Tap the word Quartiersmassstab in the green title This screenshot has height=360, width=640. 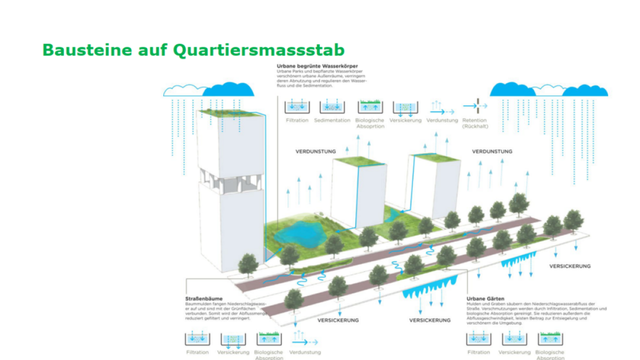tap(258, 50)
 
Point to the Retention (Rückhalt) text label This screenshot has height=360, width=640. tap(475, 123)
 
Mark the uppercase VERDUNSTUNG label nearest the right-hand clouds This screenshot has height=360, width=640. tap(492, 152)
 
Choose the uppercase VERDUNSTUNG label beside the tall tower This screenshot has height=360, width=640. tap(315, 152)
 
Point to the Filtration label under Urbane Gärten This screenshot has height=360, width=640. tap(478, 353)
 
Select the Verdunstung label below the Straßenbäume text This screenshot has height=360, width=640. tap(305, 353)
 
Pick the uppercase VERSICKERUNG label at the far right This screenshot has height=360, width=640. tap(569, 266)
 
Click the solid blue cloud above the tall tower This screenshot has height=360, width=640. tap(228, 90)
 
